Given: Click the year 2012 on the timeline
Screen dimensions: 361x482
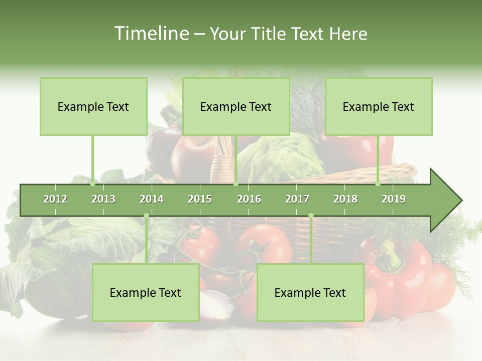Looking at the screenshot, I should (x=55, y=199).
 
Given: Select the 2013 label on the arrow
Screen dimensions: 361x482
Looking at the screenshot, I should (x=103, y=199).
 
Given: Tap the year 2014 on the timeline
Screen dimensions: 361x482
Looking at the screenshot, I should (x=152, y=199).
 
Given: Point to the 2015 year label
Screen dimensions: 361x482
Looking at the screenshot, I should (x=200, y=199).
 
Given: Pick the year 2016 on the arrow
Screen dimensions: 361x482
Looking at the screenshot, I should (x=249, y=199).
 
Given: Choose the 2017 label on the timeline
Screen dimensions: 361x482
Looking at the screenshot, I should (x=297, y=199).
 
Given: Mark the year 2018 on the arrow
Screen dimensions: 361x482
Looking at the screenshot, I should (x=345, y=199).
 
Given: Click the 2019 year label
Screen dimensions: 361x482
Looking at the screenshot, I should (x=394, y=199).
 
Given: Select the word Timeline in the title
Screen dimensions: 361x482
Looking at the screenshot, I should (x=150, y=34).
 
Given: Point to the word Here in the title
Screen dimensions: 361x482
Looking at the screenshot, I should (x=348, y=34).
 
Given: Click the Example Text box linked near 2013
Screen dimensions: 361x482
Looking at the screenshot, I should (x=93, y=106).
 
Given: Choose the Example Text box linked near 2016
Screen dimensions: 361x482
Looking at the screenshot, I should (x=236, y=106).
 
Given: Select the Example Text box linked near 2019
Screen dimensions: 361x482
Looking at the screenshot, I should (x=379, y=106).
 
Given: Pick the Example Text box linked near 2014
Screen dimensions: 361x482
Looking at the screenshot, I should (x=146, y=292).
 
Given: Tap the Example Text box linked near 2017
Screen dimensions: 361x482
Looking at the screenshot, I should (x=310, y=292).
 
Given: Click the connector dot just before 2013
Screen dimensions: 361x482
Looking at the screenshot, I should (x=93, y=184).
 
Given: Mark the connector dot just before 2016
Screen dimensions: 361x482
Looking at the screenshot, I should (x=235, y=184).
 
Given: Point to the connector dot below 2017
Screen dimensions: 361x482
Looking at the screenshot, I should (x=311, y=216).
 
